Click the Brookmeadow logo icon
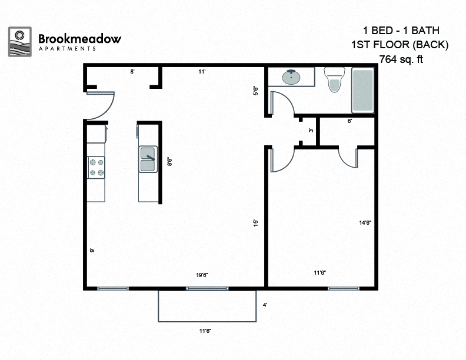20,41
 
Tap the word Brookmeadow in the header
79,39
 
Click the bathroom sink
291,78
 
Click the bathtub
362,91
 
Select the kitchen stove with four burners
96,166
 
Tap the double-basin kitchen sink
148,159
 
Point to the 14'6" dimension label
365,222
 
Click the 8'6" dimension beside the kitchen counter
169,161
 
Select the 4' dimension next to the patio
265,305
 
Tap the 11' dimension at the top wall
201,72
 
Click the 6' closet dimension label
349,121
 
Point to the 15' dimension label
255,223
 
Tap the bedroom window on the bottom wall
344,288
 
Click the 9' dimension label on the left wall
92,250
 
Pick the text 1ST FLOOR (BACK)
400,44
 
